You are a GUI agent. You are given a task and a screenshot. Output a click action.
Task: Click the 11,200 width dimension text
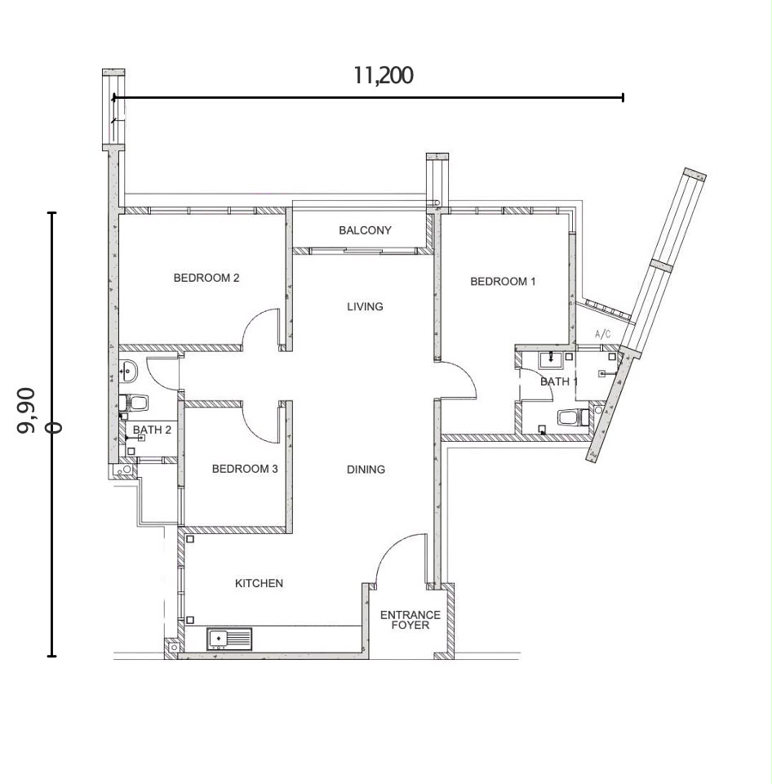pos(384,75)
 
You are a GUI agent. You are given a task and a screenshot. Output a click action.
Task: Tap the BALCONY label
pos(365,230)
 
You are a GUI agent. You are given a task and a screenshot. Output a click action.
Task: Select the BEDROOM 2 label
pos(206,278)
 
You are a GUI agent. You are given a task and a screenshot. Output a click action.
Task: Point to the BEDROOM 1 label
pos(503,282)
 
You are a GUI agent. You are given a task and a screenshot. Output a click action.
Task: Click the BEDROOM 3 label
pos(245,469)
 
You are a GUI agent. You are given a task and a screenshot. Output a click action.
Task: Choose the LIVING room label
pos(365,306)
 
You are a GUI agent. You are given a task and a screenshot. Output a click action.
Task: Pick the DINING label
pos(366,470)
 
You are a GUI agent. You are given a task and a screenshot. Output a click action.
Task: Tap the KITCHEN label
pos(259,583)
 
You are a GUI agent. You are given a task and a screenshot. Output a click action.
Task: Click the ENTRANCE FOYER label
pos(410,620)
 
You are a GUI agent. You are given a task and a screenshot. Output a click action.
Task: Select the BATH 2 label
pos(152,430)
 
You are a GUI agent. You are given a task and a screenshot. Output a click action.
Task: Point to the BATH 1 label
pos(559,382)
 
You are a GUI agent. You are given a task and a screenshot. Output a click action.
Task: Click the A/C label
pos(602,335)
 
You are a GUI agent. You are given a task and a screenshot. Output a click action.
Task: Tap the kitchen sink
pos(228,639)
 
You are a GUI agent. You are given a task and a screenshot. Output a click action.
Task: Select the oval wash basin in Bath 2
pos(128,372)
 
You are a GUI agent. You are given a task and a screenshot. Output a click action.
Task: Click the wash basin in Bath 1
pos(551,360)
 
